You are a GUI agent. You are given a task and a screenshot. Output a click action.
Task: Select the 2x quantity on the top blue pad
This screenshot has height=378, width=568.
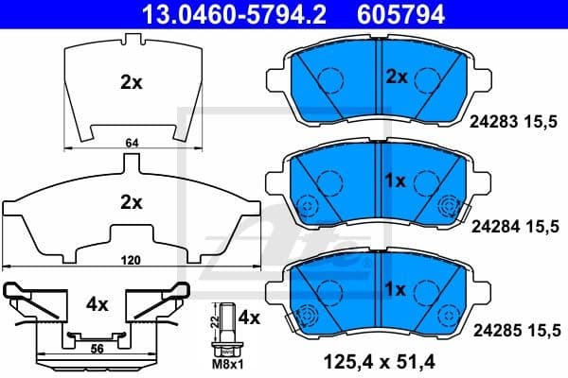[396, 77]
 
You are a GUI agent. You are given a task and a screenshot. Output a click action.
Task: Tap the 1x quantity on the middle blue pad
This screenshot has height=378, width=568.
[396, 180]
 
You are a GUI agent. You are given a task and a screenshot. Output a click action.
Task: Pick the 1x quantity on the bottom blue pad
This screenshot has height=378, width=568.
[396, 288]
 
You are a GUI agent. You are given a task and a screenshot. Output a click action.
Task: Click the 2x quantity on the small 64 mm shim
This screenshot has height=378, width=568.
[131, 82]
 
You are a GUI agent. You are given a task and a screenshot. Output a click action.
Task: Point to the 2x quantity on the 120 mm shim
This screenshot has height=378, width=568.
[131, 201]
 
